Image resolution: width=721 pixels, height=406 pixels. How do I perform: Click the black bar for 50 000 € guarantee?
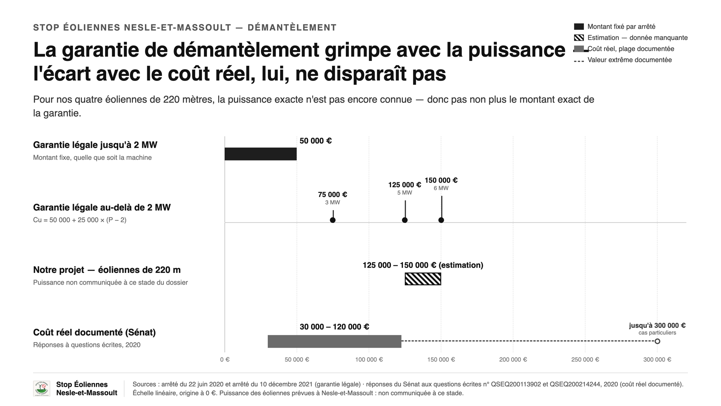261,154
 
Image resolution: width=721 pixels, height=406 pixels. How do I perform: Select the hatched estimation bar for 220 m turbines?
423,279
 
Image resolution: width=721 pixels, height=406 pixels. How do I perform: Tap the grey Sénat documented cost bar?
335,341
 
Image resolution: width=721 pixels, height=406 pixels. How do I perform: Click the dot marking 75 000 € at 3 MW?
333,220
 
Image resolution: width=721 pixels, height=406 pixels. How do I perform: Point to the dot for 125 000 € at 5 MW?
405,220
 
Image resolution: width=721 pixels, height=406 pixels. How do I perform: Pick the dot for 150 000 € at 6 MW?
441,220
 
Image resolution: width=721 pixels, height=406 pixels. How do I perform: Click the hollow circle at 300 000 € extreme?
657,341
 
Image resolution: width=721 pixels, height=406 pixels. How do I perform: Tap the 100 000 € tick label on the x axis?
369,360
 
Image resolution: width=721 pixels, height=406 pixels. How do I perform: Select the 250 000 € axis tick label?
585,360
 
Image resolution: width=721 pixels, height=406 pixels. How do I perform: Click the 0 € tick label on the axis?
225,360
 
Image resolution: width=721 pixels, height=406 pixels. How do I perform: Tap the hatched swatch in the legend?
579,38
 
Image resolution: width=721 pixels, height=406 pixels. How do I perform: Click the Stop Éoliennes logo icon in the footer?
41,389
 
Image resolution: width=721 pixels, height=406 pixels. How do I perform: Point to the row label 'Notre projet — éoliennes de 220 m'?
107,270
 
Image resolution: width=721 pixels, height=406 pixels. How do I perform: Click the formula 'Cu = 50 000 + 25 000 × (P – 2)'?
80,220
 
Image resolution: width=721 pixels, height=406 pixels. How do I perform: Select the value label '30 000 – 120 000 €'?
334,327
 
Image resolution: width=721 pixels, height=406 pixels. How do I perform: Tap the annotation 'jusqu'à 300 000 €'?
657,326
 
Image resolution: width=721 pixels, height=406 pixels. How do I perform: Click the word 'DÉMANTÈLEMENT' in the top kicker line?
292,27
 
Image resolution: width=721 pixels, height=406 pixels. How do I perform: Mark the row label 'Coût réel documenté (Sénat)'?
94,332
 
